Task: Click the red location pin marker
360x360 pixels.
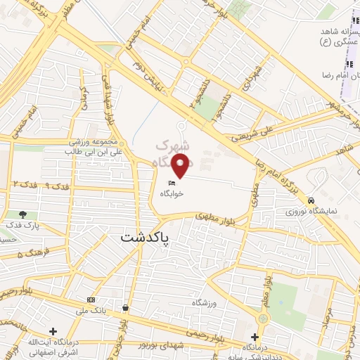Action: pyautogui.click(x=182, y=166)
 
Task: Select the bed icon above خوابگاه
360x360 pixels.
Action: pyautogui.click(x=169, y=182)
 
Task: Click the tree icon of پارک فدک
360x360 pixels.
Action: pyautogui.click(x=23, y=214)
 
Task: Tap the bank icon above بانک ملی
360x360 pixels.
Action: pyautogui.click(x=91, y=300)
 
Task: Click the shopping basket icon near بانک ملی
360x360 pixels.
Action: pyautogui.click(x=125, y=307)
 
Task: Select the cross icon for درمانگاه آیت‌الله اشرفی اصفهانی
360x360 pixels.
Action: pyautogui.click(x=53, y=330)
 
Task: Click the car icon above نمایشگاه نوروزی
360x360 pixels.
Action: pyautogui.click(x=321, y=198)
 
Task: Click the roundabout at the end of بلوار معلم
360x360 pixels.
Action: pyautogui.click(x=263, y=319)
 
